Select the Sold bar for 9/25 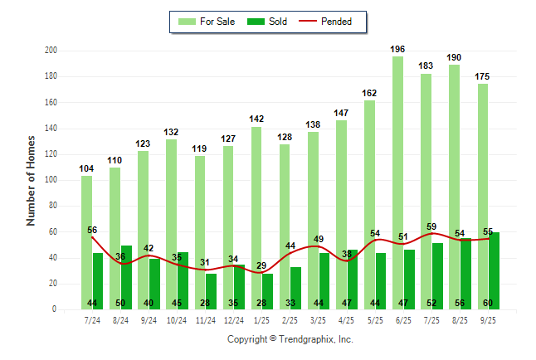point(495,265)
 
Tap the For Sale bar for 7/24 point(86,241)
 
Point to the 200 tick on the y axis point(51,51)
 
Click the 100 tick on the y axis point(51,180)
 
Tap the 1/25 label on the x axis point(262,320)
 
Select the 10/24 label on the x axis point(177,320)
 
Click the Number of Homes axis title point(32,180)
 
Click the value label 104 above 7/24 point(86,169)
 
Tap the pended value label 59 point(431,226)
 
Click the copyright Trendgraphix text point(290,339)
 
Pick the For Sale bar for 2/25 point(285,216)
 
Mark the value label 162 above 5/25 point(370,94)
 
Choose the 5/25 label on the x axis point(375,320)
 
